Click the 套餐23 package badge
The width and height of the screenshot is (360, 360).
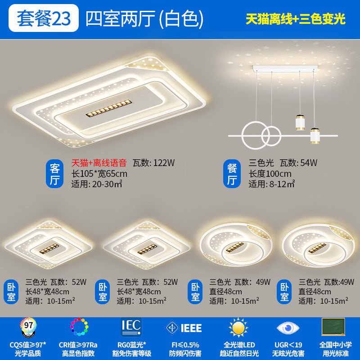pos(44,18)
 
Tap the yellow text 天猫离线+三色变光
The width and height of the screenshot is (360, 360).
pos(296,19)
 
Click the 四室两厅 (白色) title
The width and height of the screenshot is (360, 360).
pos(144,19)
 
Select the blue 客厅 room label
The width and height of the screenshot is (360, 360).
pos(54,174)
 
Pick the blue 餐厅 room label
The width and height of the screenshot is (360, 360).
pos(232,174)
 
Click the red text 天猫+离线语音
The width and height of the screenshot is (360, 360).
pos(99,163)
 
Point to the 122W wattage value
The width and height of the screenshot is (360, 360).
pos(164,163)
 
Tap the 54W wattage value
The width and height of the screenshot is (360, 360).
pos(309,163)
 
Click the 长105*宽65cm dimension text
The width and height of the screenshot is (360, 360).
pos(99,174)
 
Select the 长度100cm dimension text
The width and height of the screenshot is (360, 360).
pos(270,174)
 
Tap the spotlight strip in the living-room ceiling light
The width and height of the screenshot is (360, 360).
pos(109,108)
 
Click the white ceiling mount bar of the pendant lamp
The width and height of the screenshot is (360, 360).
pos(285,68)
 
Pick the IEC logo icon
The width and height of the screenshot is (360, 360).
pos(131,327)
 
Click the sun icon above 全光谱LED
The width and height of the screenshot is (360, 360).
pos(238,328)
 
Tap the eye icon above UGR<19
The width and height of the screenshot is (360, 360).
pos(288,328)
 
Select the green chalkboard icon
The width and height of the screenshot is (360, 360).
pos(333,327)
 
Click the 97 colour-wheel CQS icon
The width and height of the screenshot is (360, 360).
pos(28,327)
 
